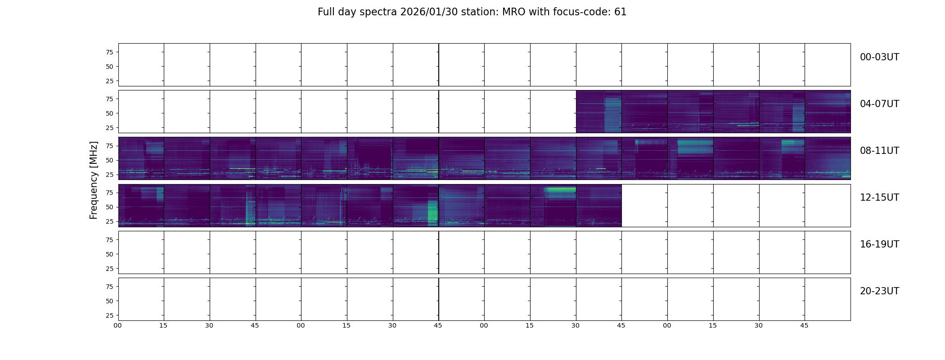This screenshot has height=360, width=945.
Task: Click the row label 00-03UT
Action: [x=879, y=57]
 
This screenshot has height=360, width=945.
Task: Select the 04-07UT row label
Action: [x=879, y=104]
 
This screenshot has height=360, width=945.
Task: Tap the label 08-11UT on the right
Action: [x=879, y=151]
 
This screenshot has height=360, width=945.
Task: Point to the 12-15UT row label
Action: [x=879, y=198]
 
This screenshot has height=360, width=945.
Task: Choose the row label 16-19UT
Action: [x=879, y=244]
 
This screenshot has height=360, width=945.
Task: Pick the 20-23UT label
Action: [x=879, y=291]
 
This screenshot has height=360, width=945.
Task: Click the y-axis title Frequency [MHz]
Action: [x=94, y=180]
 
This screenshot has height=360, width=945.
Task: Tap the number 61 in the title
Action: [x=620, y=12]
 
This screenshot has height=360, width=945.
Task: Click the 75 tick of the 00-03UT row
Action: [x=109, y=52]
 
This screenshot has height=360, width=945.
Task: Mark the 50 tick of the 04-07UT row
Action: [x=109, y=113]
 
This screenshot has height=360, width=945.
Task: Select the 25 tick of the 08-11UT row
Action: [x=109, y=175]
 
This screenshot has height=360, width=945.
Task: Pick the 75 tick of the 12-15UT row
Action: [x=109, y=193]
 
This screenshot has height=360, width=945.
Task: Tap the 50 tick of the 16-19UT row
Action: [x=109, y=254]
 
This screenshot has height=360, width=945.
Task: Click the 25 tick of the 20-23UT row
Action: [x=109, y=315]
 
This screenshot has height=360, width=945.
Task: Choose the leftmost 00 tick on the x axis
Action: [x=118, y=325]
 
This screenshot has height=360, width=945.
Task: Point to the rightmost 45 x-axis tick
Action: [x=804, y=325]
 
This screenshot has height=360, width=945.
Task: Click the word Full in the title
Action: [x=326, y=12]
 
